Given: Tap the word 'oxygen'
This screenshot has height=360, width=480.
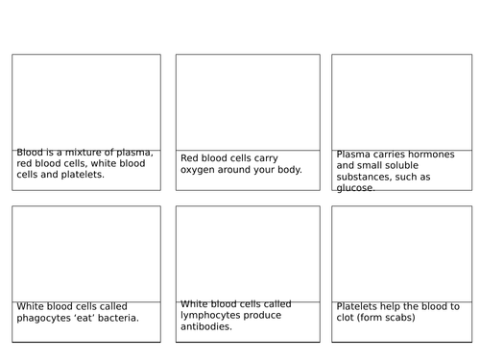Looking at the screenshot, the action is pyautogui.click(x=201, y=170).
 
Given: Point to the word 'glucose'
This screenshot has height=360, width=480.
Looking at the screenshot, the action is pyautogui.click(x=356, y=188).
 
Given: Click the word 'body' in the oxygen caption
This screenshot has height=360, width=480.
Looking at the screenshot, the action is pyautogui.click(x=287, y=170).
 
